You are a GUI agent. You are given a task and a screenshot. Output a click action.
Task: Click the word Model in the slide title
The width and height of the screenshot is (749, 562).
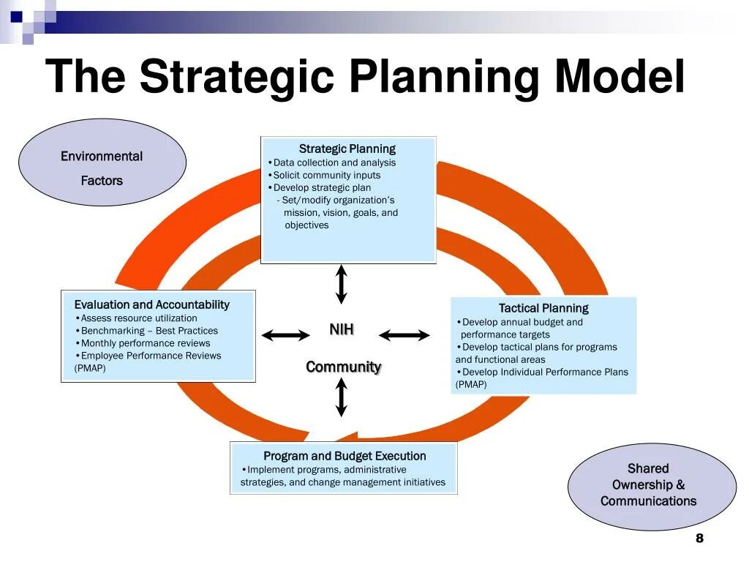[x=620, y=77]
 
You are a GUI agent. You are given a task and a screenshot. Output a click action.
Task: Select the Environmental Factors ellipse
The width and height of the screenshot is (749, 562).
[x=102, y=162]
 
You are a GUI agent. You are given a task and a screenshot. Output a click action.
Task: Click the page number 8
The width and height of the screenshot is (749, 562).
[x=699, y=539]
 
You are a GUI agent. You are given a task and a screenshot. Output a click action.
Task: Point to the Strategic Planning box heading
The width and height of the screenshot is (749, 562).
[x=347, y=149]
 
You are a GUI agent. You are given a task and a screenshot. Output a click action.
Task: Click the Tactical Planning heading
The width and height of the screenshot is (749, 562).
[x=543, y=308]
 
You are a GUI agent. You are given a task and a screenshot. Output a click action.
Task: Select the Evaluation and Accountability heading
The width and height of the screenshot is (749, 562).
[x=152, y=304]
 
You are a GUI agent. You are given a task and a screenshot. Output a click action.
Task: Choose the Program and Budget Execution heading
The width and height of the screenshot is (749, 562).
[x=345, y=456]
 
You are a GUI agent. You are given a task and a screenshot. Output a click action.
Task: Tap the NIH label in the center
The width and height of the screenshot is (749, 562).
[x=342, y=330]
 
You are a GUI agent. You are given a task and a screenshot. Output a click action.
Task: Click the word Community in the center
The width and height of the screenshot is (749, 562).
[x=344, y=367]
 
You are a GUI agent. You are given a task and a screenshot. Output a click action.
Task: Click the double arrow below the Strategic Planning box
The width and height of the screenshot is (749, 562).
[x=342, y=284]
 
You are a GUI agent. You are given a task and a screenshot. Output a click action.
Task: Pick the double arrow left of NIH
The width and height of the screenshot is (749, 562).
[x=286, y=335]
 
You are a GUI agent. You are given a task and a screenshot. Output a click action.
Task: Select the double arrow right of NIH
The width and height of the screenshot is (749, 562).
[x=404, y=335]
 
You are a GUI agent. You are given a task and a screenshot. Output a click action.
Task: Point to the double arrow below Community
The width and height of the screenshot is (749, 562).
[x=342, y=398]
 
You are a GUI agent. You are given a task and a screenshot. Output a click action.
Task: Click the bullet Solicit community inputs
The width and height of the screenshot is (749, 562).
[x=326, y=175]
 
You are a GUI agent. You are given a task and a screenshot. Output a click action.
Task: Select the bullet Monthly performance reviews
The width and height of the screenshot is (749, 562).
[x=145, y=343]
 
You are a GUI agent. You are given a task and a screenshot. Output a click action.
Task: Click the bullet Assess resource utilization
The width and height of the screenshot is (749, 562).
[x=138, y=318]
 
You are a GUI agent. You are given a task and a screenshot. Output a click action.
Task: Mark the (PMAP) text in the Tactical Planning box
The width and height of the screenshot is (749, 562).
[x=471, y=384]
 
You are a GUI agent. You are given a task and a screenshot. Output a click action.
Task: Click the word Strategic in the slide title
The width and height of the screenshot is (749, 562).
[x=236, y=77]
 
